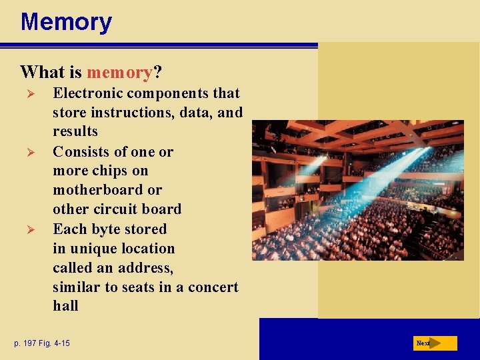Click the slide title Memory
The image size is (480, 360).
click(x=66, y=22)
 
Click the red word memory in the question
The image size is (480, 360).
click(x=119, y=71)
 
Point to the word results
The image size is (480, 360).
click(x=75, y=131)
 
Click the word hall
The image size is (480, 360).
click(x=65, y=307)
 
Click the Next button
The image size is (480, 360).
click(x=435, y=343)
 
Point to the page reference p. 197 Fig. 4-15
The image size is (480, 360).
click(x=42, y=343)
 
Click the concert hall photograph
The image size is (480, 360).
click(x=357, y=190)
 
